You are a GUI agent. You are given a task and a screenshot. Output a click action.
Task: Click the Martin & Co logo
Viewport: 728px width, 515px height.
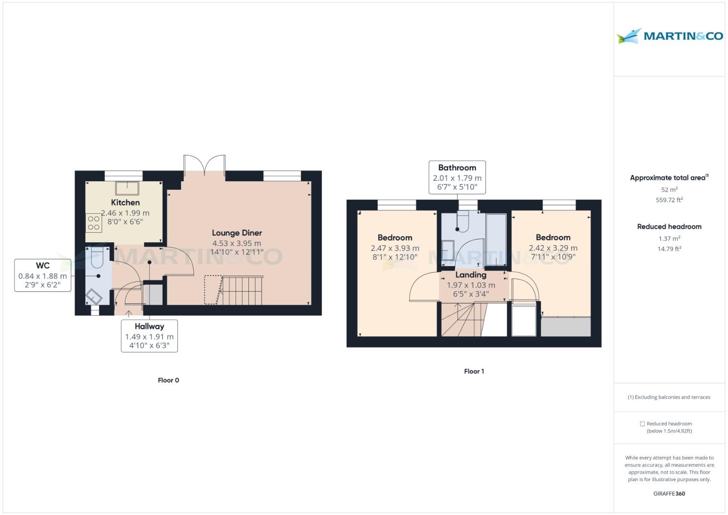(669, 36)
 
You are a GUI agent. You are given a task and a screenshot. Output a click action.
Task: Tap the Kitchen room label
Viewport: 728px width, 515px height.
(125, 203)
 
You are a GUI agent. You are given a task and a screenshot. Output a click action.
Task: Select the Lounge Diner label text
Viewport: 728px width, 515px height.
(237, 233)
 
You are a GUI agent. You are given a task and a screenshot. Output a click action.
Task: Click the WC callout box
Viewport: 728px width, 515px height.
(43, 275)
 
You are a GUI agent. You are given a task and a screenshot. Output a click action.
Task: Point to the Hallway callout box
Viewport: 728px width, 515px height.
(149, 336)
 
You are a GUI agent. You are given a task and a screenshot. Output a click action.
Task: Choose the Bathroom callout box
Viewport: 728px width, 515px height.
(457, 177)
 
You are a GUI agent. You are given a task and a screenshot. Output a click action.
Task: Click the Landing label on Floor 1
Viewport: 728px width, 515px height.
(471, 275)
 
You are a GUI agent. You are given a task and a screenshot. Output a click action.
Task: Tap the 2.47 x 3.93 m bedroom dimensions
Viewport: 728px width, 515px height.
(395, 248)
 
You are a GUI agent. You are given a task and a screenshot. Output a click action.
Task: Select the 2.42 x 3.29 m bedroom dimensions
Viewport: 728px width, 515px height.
(553, 248)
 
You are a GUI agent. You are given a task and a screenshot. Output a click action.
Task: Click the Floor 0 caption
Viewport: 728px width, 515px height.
(168, 380)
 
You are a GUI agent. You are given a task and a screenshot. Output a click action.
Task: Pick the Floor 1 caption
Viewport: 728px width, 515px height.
(474, 371)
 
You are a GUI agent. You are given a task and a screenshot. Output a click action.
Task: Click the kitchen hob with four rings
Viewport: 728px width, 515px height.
(94, 223)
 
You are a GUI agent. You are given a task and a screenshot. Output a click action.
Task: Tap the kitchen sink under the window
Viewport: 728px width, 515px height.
(127, 188)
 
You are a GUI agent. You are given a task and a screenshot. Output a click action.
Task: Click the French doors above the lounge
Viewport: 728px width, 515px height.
(205, 165)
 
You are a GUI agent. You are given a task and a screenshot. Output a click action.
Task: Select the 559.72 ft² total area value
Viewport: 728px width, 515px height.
(669, 200)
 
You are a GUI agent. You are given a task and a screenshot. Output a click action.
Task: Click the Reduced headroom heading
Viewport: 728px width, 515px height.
(669, 227)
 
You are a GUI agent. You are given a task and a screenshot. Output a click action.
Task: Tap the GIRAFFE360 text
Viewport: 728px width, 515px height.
(669, 494)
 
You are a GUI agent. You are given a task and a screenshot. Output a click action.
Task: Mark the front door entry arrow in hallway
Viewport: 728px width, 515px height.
(129, 313)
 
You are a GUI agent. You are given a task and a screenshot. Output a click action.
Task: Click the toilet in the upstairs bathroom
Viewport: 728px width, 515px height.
(461, 221)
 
